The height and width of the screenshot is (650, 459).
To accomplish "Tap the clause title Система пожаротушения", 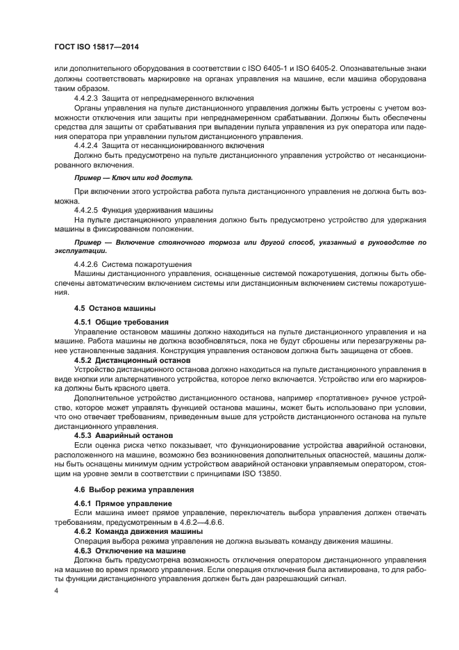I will click(x=147, y=264).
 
